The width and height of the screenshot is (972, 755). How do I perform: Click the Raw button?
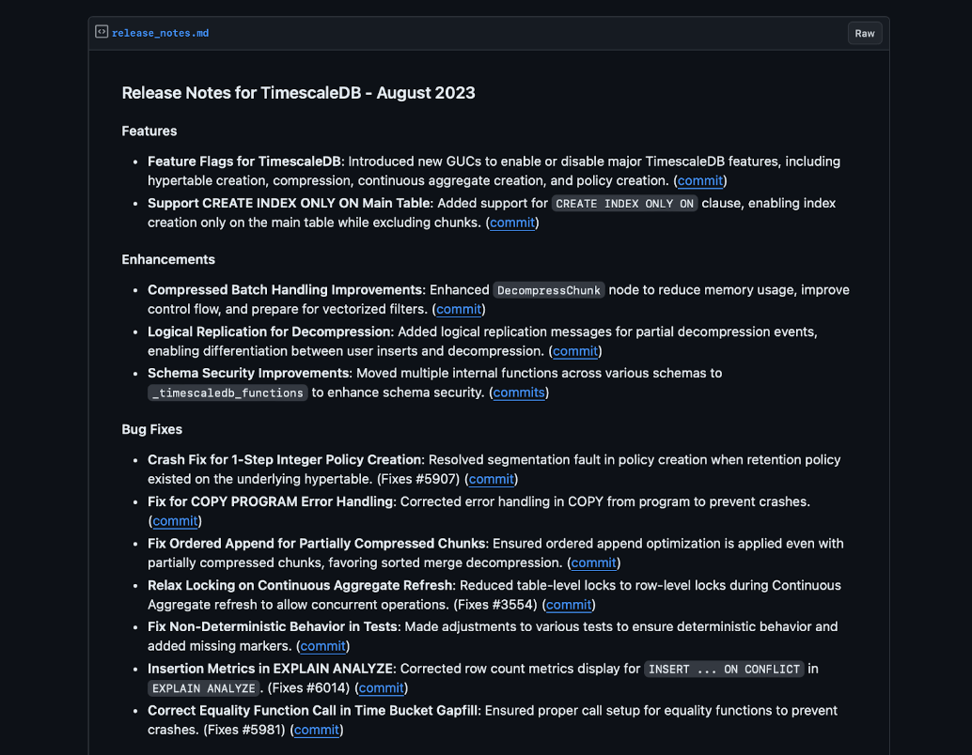click(864, 33)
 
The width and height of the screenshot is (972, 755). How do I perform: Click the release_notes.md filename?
click(160, 33)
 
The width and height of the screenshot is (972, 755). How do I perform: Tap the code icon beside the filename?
click(102, 32)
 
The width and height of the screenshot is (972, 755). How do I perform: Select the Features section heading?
click(149, 131)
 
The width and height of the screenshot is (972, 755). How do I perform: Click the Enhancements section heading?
click(168, 259)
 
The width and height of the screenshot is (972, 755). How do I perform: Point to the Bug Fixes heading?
click(152, 429)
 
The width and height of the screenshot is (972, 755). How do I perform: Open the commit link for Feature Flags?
click(699, 180)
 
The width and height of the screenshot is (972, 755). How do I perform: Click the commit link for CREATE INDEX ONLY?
click(512, 223)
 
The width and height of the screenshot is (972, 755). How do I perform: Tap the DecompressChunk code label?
click(549, 290)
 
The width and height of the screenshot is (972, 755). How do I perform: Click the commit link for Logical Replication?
click(575, 351)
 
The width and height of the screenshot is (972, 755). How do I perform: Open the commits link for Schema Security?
click(519, 393)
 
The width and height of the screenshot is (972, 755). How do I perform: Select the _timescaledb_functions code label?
click(228, 393)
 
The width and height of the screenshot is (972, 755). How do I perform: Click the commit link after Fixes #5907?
click(492, 479)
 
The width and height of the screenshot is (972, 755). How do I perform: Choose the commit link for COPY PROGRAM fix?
click(175, 520)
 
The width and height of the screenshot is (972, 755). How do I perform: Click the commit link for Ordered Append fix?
click(593, 562)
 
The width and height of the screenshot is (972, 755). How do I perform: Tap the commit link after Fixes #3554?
click(569, 605)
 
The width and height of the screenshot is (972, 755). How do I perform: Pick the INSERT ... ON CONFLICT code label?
click(724, 670)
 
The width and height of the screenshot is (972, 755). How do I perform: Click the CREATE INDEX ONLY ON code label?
click(624, 204)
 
